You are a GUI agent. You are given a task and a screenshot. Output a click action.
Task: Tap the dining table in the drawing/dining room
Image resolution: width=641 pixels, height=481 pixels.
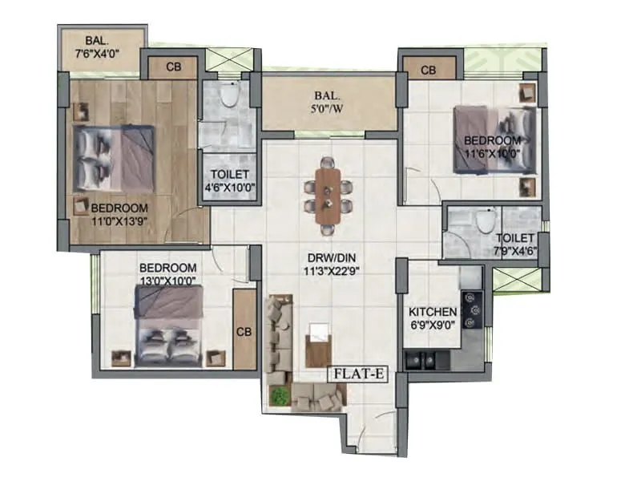(x=327, y=195)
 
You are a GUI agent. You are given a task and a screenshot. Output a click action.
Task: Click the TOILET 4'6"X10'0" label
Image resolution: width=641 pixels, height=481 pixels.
(x=228, y=181)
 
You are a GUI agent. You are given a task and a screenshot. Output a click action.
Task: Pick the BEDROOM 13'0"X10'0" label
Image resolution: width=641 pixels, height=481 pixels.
(x=167, y=273)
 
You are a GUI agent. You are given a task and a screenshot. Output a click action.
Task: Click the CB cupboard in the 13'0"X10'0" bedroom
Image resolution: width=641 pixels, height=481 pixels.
(x=244, y=331)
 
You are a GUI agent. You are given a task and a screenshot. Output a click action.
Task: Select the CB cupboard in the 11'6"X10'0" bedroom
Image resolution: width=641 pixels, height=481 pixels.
(x=429, y=71)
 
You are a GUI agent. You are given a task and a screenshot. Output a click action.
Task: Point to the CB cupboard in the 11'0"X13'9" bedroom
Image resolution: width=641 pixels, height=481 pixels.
(x=173, y=67)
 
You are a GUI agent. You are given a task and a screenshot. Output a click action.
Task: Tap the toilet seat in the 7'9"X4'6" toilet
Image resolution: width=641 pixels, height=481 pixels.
(x=484, y=219)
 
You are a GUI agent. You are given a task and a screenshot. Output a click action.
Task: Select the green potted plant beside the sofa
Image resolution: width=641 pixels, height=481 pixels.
(x=279, y=395)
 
